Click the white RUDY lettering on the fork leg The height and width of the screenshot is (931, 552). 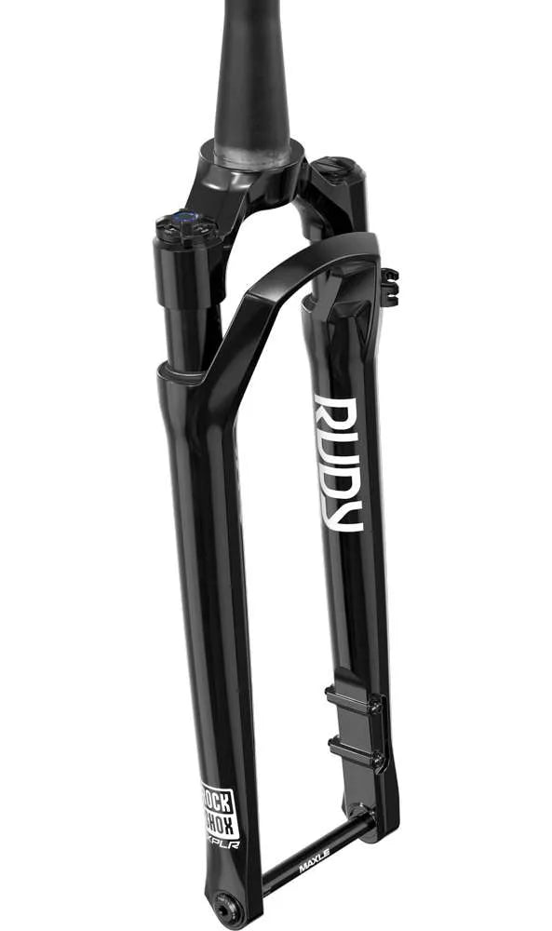point(337,463)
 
